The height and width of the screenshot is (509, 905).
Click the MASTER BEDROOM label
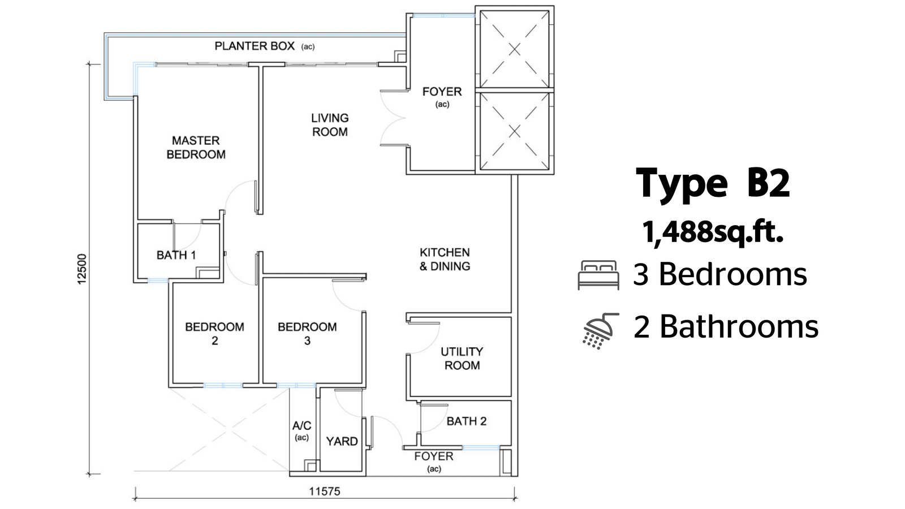point(196,148)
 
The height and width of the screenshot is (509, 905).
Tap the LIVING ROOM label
point(330,125)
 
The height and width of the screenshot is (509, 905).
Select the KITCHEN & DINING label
point(445,260)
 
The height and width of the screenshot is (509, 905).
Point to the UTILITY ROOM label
point(462,359)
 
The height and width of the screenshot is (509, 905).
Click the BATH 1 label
point(176,255)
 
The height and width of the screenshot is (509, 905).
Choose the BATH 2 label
point(467,421)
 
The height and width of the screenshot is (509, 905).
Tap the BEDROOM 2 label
point(214,334)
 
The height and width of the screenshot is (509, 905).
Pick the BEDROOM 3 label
point(307,334)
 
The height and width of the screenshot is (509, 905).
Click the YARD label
point(342,441)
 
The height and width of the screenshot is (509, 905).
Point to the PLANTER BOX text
point(255,46)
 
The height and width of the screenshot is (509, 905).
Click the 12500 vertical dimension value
point(82,269)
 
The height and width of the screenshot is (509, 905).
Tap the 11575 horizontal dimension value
point(325,491)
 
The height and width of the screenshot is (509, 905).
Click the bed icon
point(598,275)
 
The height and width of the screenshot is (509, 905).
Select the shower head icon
point(600,331)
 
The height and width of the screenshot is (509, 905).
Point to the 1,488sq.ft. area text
point(713,232)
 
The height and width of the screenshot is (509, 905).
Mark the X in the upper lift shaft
point(514,50)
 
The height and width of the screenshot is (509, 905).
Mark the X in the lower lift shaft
point(514,131)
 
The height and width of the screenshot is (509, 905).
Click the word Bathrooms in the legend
point(739,326)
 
